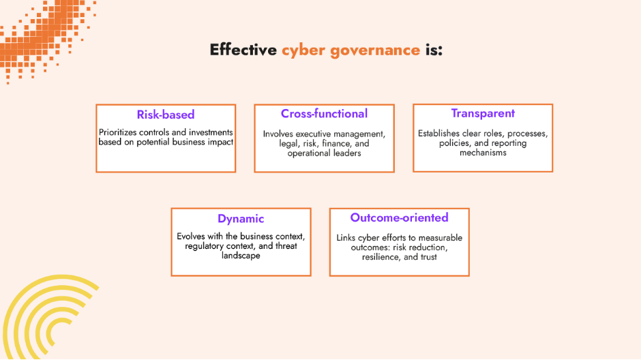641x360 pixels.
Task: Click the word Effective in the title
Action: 243,50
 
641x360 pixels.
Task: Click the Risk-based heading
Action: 166,115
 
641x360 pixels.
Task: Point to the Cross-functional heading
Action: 324,114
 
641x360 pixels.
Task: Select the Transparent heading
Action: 483,113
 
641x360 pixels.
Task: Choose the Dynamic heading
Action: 241,219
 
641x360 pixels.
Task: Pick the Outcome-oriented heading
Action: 399,217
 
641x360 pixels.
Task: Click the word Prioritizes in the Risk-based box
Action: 120,132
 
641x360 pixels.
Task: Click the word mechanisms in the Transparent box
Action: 483,153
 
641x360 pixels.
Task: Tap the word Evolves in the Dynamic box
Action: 191,236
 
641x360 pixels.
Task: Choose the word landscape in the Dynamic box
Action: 241,256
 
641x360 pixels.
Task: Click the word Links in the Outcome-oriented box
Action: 347,238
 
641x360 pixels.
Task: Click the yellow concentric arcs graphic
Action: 41,320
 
